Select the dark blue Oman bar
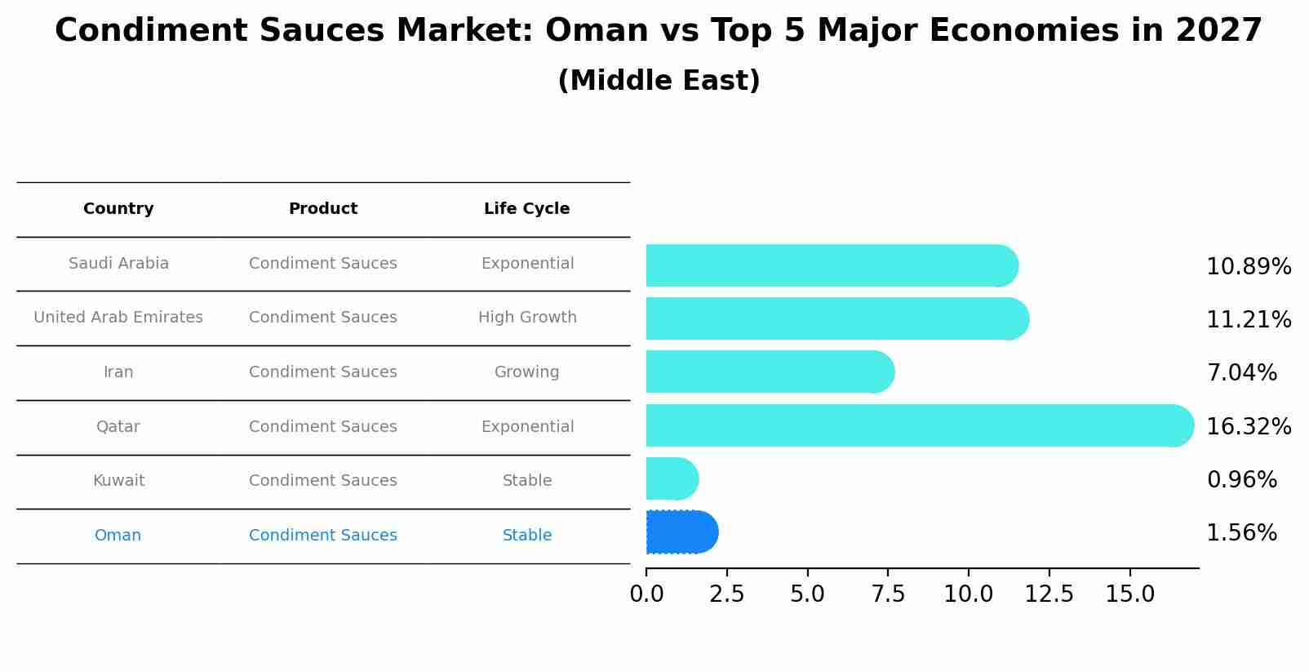[681, 532]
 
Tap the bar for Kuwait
[672, 478]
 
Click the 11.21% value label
[1248, 320]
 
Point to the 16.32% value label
[1248, 427]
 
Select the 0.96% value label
[1241, 480]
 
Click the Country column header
[118, 209]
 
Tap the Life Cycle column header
[526, 209]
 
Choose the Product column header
[322, 209]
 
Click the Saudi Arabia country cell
[118, 264]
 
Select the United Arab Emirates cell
[118, 318]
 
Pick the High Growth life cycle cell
[526, 318]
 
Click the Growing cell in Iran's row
[526, 372]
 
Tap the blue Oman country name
[118, 536]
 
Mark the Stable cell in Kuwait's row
[526, 481]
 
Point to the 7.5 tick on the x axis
[888, 594]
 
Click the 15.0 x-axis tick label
[1129, 594]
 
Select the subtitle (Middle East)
[659, 81]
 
